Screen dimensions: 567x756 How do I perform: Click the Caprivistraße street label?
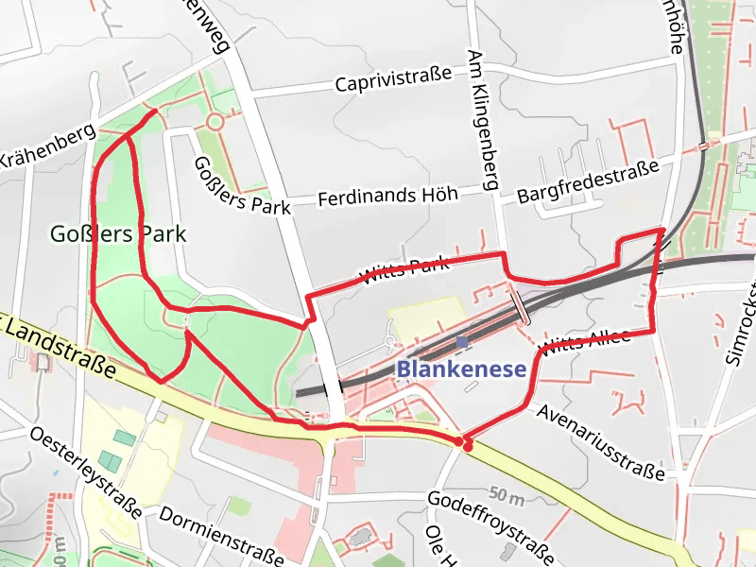393,81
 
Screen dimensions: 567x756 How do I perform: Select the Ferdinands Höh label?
387,197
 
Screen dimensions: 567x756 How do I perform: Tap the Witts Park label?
403,270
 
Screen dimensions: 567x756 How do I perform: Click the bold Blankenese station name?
460,369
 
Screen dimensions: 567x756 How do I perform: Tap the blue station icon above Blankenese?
461,342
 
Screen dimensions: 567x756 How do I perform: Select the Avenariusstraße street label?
601,439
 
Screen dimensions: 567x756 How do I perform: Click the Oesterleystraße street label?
85,472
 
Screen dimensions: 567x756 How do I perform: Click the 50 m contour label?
507,494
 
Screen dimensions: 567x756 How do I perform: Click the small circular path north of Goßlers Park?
215,122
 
